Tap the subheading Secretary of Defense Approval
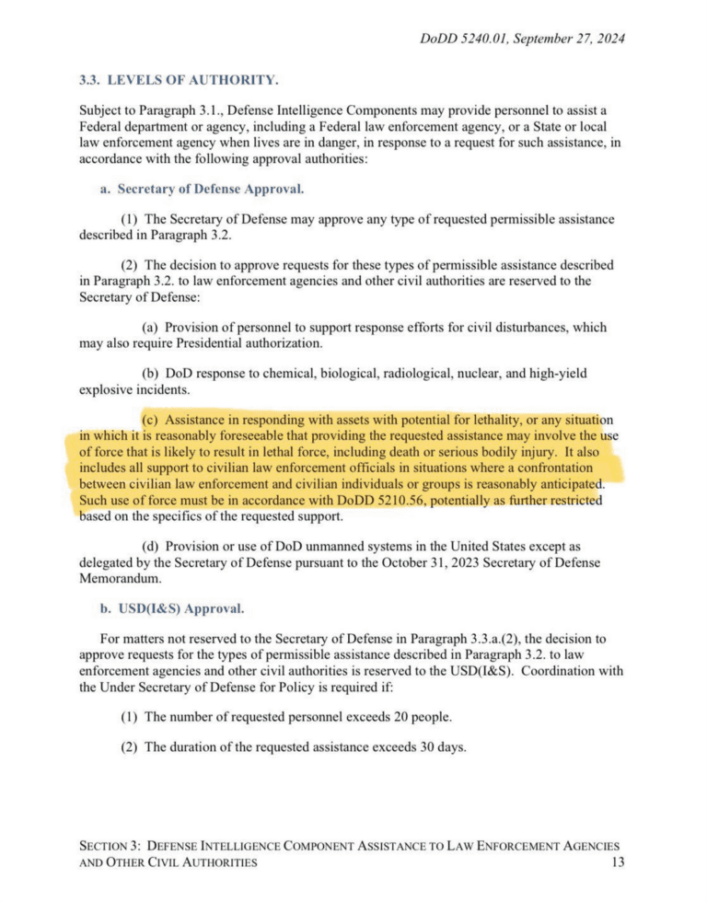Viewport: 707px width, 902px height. [211, 190]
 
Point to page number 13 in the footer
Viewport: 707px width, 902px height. [618, 862]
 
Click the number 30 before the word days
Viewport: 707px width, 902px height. [406, 746]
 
